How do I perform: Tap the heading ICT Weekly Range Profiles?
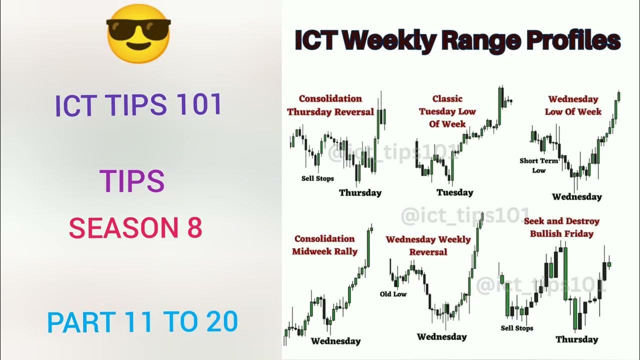(x=457, y=40)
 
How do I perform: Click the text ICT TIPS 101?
(x=138, y=104)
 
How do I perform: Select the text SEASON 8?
(x=135, y=228)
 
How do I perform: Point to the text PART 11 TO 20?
(x=142, y=322)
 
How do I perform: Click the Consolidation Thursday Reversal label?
(x=330, y=105)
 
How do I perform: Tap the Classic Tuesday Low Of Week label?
(x=447, y=111)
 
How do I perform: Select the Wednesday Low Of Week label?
(x=573, y=105)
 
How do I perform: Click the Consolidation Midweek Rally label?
(x=325, y=245)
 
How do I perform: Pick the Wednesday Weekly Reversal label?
(x=428, y=245)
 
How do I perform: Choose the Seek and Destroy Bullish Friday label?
(x=561, y=227)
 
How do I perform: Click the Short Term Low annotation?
(x=539, y=165)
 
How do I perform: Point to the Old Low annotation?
(x=393, y=294)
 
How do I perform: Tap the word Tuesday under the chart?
(x=454, y=192)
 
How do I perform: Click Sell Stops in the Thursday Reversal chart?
(x=317, y=178)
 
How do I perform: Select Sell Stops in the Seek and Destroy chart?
(x=517, y=328)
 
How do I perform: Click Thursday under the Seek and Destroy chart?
(x=576, y=339)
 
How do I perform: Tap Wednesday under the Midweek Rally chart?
(x=335, y=341)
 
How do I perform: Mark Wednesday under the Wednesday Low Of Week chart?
(x=577, y=196)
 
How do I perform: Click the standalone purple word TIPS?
(x=132, y=181)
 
